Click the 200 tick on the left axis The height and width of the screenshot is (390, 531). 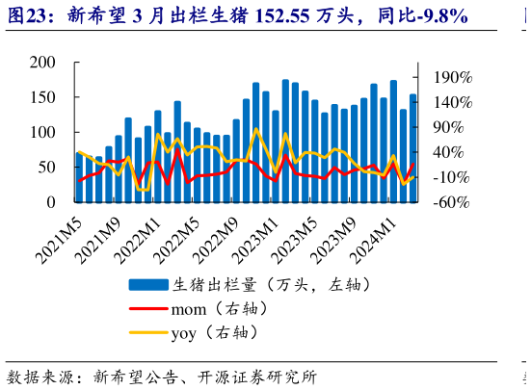(x=41, y=63)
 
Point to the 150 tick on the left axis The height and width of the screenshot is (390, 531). (x=41, y=97)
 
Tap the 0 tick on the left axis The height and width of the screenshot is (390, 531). (x=50, y=202)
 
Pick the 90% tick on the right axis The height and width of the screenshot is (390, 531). (x=446, y=127)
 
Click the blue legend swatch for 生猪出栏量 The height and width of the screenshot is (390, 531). (x=148, y=285)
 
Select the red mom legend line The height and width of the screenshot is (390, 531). (x=148, y=310)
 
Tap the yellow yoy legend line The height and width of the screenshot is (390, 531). (x=148, y=334)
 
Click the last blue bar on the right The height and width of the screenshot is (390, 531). (x=412, y=149)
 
